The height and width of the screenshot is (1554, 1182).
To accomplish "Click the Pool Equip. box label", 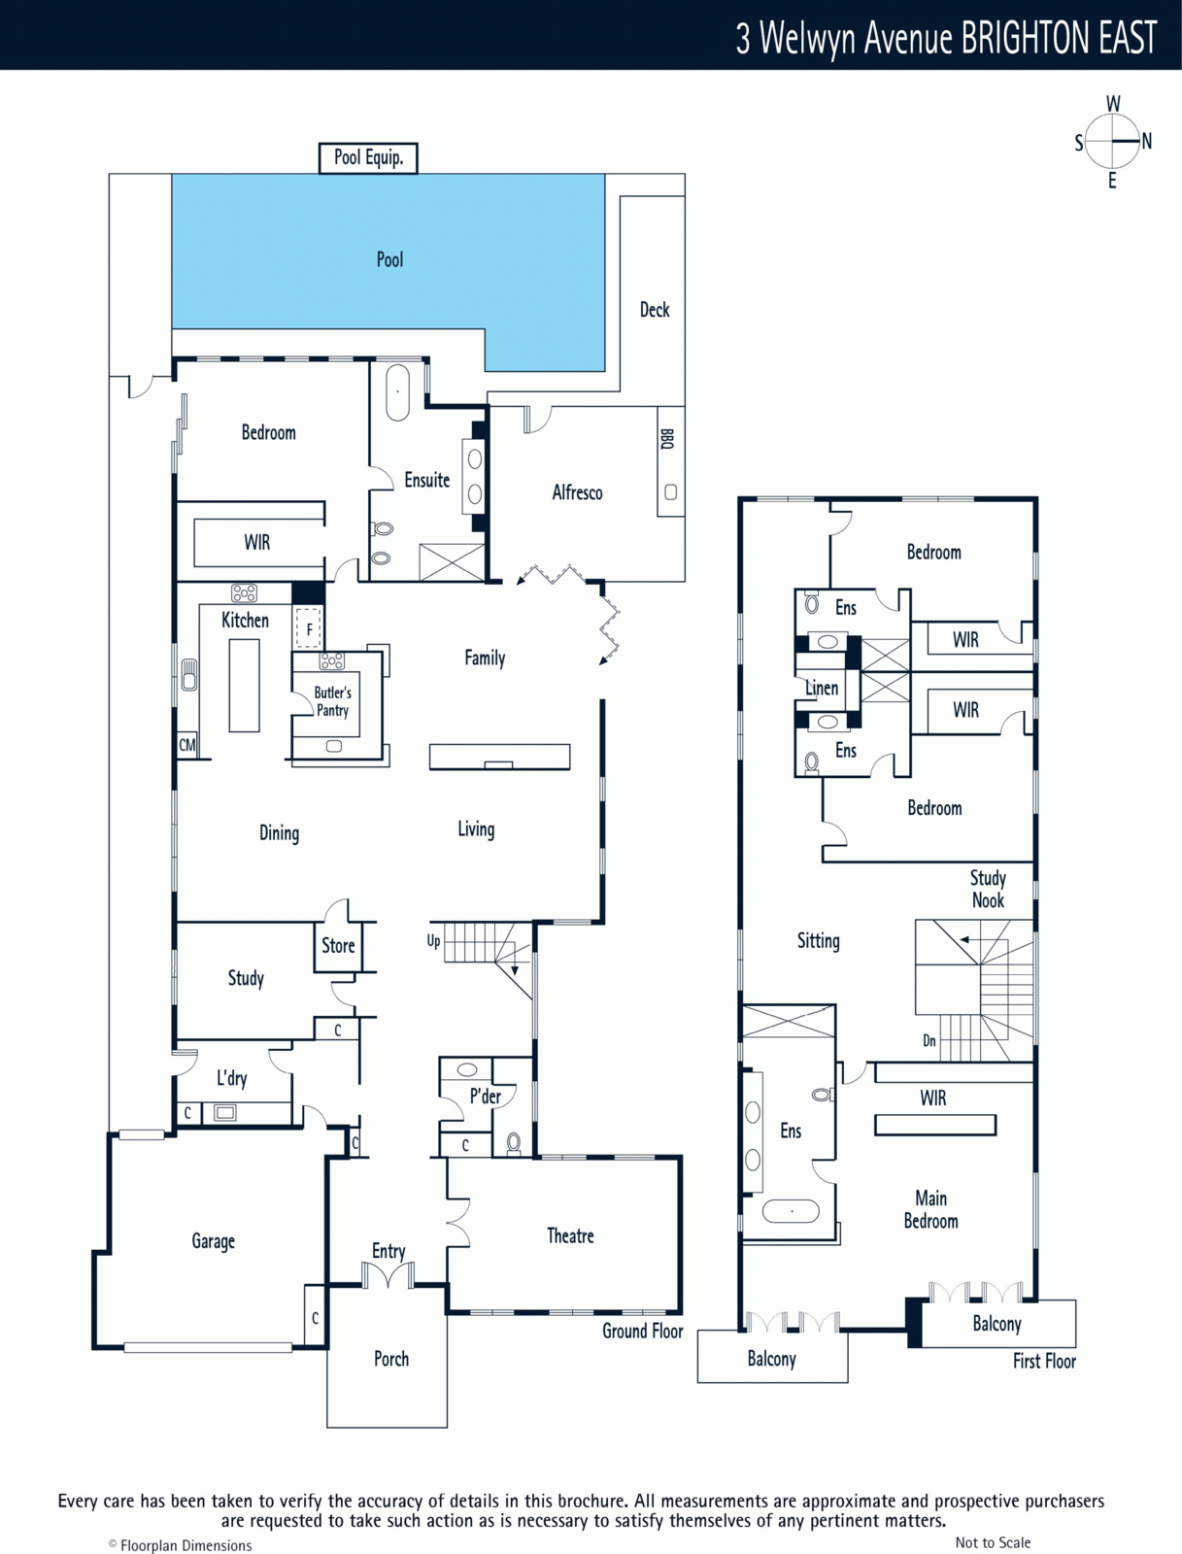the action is tap(368, 158).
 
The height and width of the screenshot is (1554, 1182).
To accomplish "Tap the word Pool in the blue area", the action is tap(390, 260).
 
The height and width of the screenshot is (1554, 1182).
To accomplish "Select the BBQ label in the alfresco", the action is tap(667, 439).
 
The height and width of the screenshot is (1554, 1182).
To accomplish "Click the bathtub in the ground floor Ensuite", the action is tap(398, 392).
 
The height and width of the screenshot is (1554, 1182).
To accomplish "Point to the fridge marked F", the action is tap(309, 629).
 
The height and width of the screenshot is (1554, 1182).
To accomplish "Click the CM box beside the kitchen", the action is tap(186, 745).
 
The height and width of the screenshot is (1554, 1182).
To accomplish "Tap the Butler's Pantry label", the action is tap(333, 701).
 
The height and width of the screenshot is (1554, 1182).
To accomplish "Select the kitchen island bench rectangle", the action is tap(244, 685).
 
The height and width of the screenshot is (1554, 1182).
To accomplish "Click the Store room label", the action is tap(338, 946).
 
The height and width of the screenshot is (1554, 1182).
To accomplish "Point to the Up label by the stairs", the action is tap(433, 941).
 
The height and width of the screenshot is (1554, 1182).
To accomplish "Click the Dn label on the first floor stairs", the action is tap(929, 1041).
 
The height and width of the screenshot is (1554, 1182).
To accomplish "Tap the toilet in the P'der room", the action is tap(514, 1143).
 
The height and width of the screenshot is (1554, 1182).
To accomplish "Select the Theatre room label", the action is tap(570, 1236).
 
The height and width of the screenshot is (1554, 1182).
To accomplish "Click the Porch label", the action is tap(391, 1359).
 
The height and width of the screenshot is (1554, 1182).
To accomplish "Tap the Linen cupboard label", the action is tap(822, 688).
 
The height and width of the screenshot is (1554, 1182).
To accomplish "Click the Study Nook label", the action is tap(988, 890).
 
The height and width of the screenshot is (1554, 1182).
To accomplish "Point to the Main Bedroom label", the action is tap(930, 1210).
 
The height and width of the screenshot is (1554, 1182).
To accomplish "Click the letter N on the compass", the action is tap(1147, 142).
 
